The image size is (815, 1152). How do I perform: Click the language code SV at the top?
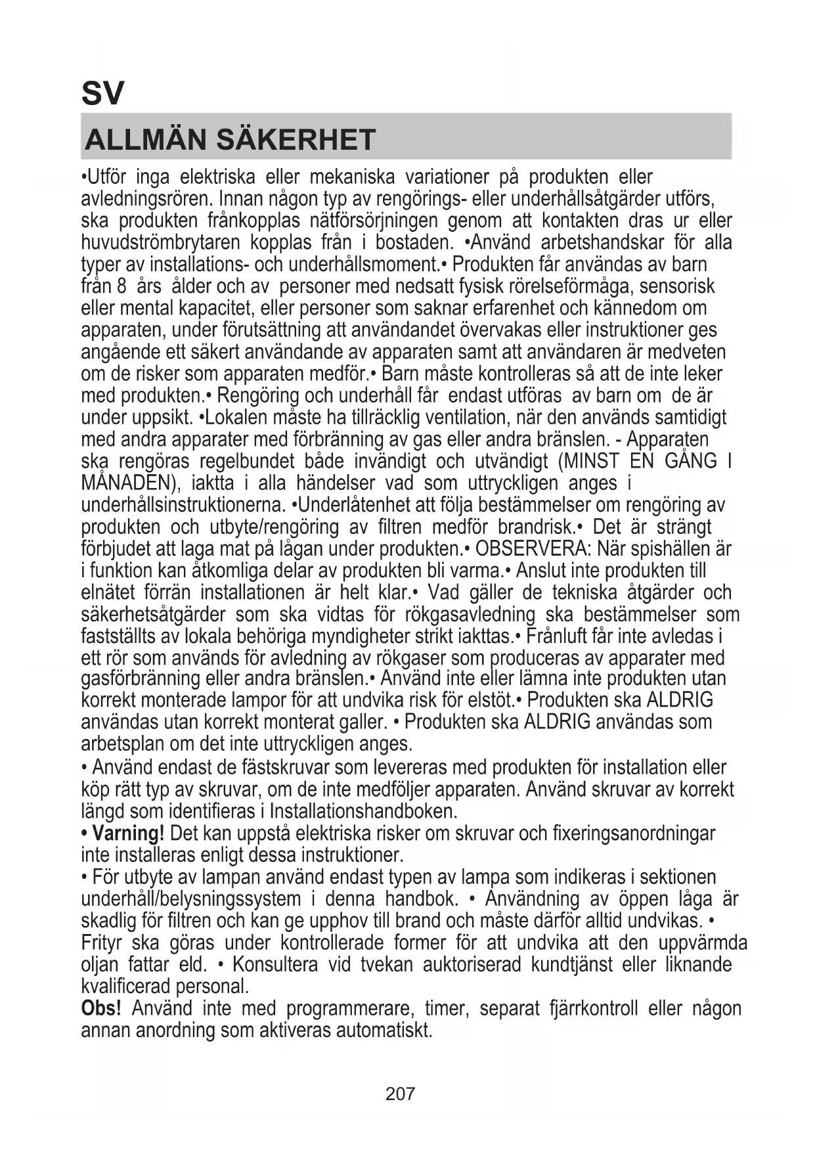point(102,93)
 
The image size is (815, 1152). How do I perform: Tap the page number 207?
point(400,1094)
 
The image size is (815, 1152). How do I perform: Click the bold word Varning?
point(127,833)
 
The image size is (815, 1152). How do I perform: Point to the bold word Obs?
point(101,1008)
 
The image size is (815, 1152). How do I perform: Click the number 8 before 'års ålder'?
point(121,286)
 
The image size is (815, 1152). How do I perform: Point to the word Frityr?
point(101,943)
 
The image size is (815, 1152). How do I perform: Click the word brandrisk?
point(537,527)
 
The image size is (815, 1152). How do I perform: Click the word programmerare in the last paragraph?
point(349,1008)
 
